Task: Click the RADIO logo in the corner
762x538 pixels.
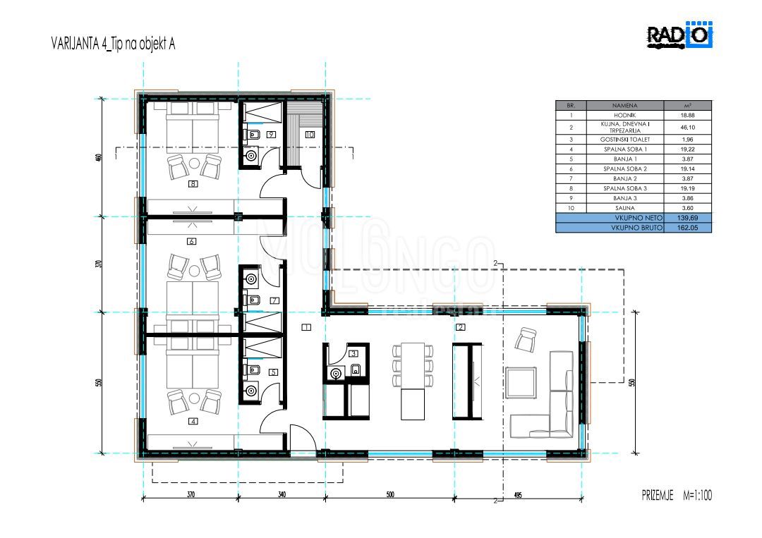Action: click(x=680, y=37)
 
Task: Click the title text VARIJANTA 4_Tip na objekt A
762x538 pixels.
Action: click(x=113, y=44)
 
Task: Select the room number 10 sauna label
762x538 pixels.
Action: click(x=309, y=133)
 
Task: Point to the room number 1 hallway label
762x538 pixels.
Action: click(x=306, y=327)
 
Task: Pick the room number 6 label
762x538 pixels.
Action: click(x=191, y=241)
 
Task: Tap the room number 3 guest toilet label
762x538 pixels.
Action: click(x=354, y=353)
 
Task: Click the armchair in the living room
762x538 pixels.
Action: click(x=526, y=341)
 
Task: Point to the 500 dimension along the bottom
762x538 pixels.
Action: click(x=390, y=495)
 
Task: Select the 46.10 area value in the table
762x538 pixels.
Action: click(x=688, y=128)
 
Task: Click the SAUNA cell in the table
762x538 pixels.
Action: click(x=610, y=208)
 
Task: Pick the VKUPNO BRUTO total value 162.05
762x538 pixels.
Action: click(x=688, y=228)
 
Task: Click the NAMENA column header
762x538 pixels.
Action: click(x=610, y=105)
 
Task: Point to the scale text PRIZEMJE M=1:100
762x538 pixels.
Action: click(x=672, y=496)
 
